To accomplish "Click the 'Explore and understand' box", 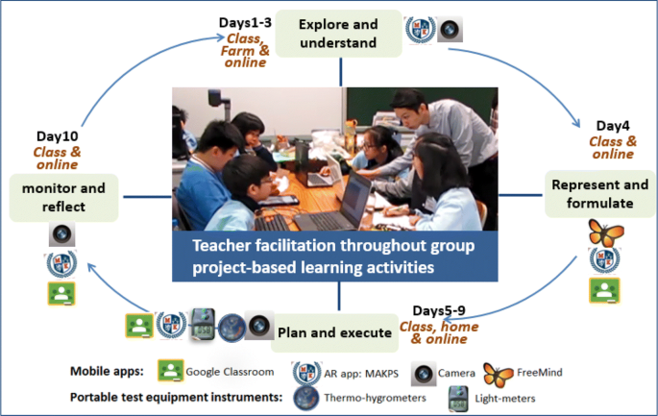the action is pos(338,34).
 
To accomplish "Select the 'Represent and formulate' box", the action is pos(599,194).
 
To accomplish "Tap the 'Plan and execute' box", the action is pos(334,332).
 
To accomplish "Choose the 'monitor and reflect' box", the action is pos(63,198).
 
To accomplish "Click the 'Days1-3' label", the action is pos(245,23).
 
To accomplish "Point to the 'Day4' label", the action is pos(613,126).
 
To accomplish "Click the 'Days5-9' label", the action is pos(439,310).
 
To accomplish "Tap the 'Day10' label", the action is pos(57,136).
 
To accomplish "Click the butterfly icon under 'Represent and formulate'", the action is pos(605,232).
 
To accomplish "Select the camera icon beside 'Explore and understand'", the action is pos(450,30).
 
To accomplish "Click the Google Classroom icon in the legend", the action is pos(170,370).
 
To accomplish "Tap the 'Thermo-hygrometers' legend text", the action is pos(375,398).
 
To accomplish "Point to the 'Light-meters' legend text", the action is pos(505,399).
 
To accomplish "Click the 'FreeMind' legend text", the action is pos(539,373).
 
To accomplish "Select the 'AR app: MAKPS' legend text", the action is pos(361,373).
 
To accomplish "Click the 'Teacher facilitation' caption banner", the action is pos(335,257).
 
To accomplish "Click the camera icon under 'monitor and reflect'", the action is pos(62,234).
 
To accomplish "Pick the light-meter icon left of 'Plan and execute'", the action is pos(203,324).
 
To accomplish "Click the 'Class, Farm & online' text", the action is pos(245,50).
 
